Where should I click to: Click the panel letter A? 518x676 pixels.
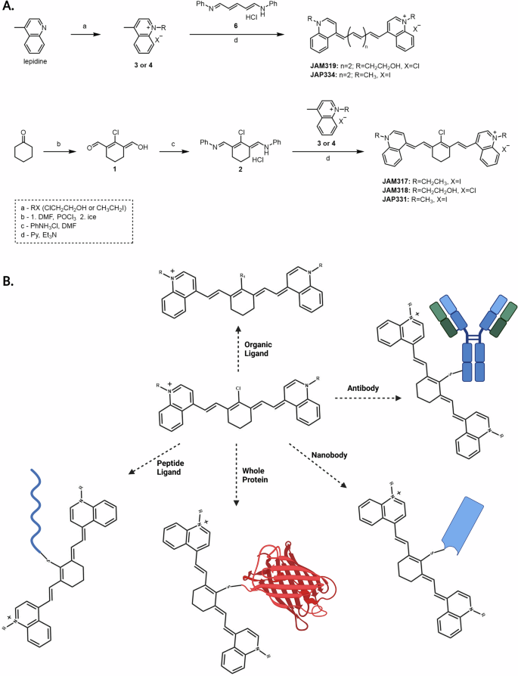[9, 7]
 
